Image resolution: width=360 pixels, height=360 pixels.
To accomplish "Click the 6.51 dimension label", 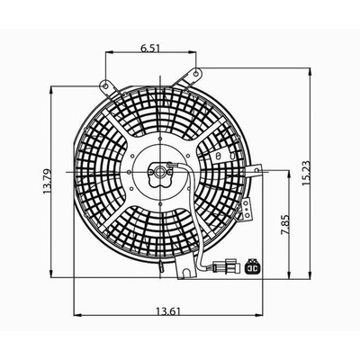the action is click(x=151, y=48).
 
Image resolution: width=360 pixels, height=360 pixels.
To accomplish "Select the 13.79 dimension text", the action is click(x=47, y=182).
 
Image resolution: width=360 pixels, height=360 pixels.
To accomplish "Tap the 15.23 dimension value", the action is click(x=307, y=174).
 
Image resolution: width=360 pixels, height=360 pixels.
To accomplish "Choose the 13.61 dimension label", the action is click(x=168, y=311).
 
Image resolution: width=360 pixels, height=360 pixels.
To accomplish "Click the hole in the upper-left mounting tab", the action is click(x=105, y=86).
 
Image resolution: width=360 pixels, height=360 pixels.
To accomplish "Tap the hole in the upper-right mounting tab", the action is click(x=195, y=73).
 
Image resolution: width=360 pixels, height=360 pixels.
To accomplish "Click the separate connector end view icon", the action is click(x=253, y=266).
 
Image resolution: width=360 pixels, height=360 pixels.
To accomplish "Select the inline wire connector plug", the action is click(x=227, y=266).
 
